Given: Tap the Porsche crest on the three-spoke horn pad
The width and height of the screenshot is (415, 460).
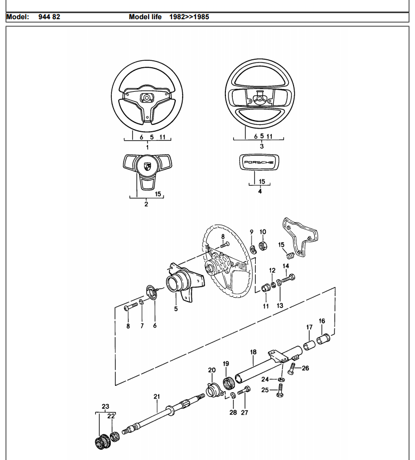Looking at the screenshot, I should pyautogui.click(x=147, y=166).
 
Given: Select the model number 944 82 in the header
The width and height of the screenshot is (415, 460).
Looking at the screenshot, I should pyautogui.click(x=49, y=17).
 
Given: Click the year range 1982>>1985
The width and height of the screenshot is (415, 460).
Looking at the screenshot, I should pyautogui.click(x=189, y=17).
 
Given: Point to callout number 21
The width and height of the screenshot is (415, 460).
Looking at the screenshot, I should pyautogui.click(x=157, y=396).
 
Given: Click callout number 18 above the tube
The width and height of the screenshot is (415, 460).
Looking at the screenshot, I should pyautogui.click(x=253, y=352).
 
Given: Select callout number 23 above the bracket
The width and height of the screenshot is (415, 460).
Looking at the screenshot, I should pyautogui.click(x=105, y=406).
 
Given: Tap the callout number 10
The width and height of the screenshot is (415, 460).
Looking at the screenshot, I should pyautogui.click(x=263, y=232).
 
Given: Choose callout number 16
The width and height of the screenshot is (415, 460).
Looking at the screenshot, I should pyautogui.click(x=322, y=321).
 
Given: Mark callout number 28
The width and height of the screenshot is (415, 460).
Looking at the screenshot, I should pyautogui.click(x=233, y=412).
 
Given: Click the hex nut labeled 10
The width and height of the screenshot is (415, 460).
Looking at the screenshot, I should pyautogui.click(x=263, y=247).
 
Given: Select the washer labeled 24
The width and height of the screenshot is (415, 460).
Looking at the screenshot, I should pyautogui.click(x=281, y=379).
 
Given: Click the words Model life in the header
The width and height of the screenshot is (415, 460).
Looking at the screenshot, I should pyautogui.click(x=145, y=17).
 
